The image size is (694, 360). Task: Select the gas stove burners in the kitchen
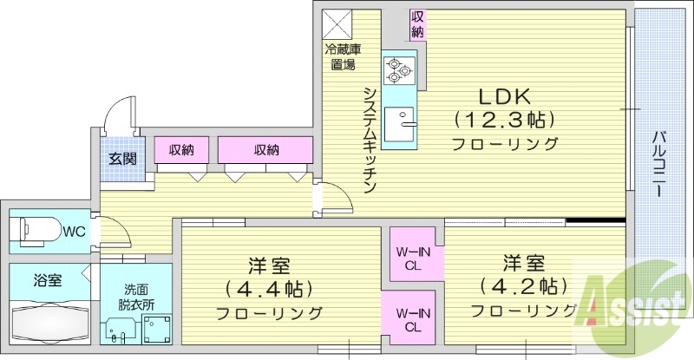point(400,69)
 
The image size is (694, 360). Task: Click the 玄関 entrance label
point(122,159)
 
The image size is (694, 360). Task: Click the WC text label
point(75,231)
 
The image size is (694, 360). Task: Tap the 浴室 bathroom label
point(48,281)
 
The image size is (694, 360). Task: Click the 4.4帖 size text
point(268,287)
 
